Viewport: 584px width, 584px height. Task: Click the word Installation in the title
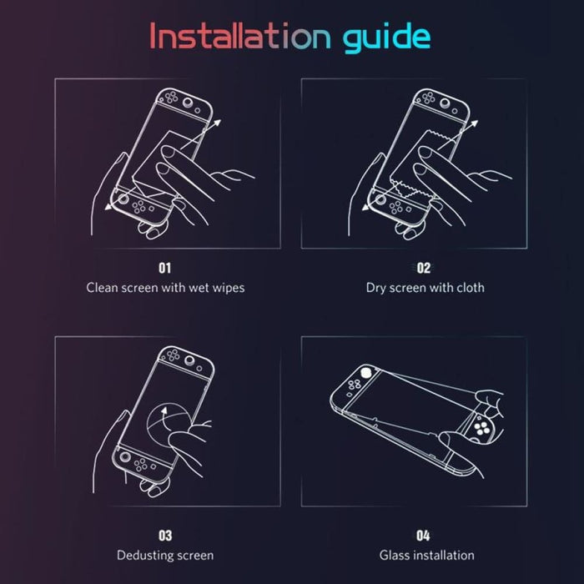[240, 36]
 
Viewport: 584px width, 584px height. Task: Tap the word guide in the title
[386, 38]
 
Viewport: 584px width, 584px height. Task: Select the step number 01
[164, 268]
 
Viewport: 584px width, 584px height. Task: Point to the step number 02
[424, 268]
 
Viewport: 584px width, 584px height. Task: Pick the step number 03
[165, 536]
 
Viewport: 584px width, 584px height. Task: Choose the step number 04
[423, 536]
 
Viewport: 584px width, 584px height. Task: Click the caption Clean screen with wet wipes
[165, 288]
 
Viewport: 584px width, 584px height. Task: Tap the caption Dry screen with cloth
[425, 288]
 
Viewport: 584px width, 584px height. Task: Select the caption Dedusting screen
[165, 556]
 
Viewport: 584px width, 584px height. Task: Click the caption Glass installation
[427, 556]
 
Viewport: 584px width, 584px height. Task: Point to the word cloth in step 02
[471, 288]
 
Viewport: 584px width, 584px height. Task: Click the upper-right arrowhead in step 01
[218, 123]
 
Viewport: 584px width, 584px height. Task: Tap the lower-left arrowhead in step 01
[108, 206]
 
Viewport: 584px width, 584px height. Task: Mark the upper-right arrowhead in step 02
[474, 123]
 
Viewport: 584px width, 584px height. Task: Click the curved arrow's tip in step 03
[164, 410]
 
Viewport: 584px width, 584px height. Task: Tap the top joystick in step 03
[190, 360]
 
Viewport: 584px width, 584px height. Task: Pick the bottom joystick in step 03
[125, 456]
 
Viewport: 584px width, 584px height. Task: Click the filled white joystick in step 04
[366, 372]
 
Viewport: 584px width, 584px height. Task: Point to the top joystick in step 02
[446, 103]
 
